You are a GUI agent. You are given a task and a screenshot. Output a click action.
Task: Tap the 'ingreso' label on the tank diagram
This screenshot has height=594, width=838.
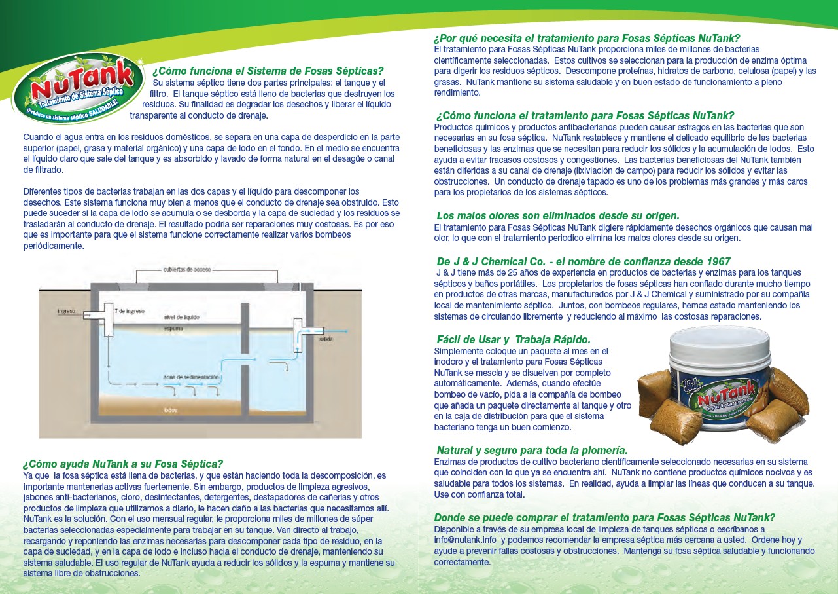coord(66,311)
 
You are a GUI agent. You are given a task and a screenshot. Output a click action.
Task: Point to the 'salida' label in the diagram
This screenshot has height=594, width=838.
coord(326,341)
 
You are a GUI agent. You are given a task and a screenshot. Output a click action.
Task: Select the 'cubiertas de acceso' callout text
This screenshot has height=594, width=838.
coord(186,269)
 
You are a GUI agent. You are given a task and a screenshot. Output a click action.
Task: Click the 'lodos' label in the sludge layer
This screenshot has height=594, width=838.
coord(171,410)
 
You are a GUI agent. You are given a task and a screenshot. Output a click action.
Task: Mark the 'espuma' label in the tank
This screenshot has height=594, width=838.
coord(173,327)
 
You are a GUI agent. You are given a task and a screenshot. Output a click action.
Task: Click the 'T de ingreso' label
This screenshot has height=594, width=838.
coord(130,311)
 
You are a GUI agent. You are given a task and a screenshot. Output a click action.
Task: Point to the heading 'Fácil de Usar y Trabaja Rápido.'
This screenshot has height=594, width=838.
coord(514,339)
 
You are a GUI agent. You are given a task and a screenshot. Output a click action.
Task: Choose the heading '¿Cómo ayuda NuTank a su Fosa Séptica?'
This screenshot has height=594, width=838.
coord(123,464)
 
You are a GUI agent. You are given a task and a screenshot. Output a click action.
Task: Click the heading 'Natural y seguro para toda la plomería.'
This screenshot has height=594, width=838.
coord(532,450)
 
